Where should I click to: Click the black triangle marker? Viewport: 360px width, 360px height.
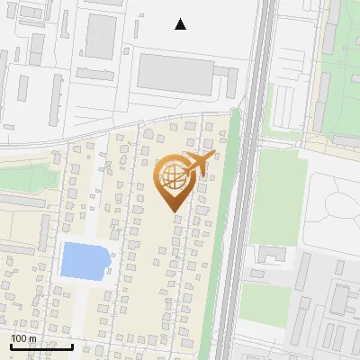181,24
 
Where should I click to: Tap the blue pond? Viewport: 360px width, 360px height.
85,259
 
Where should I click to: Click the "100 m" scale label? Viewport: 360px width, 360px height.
23,338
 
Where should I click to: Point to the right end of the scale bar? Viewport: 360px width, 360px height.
72,346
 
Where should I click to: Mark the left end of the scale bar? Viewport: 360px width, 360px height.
12,346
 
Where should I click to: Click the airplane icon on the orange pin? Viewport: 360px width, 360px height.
197,163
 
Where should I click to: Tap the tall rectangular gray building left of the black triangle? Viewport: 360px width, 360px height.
101,36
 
